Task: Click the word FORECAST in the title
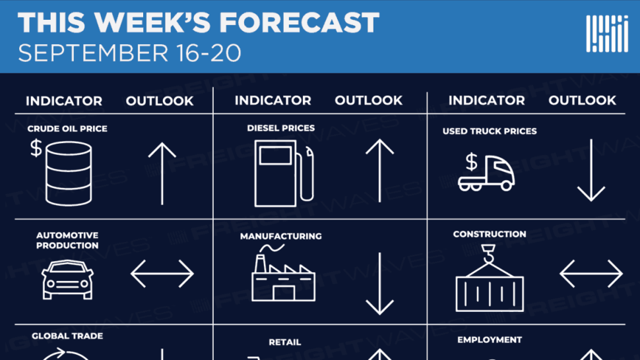pos(300,22)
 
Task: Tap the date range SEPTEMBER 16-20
pos(130,53)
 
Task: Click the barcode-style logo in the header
pos(607,34)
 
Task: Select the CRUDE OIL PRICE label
pos(67,129)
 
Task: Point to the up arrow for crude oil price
pos(162,173)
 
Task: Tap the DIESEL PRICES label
pos(281,128)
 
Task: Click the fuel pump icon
pos(284,173)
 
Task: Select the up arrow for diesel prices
pos(379,170)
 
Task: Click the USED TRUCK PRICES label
pos(490,131)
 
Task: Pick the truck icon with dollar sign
pos(486,172)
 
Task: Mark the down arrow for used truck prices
pos(591,170)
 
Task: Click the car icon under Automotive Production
pos(67,280)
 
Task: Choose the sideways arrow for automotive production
pos(162,274)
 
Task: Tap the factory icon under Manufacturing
pos(283,273)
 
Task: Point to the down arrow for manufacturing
pos(379,284)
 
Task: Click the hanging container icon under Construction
pos(490,278)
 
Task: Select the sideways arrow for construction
pos(591,274)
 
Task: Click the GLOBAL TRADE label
pos(67,336)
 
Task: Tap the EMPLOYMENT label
pos(490,340)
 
